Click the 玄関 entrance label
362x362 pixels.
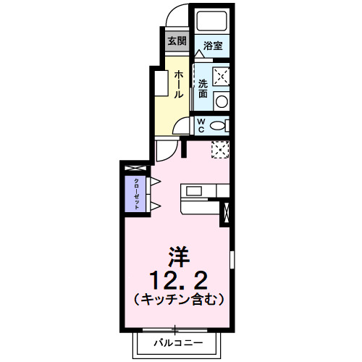coord(176,40)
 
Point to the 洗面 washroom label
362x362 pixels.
coord(203,88)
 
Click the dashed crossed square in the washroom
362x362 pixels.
coord(221,75)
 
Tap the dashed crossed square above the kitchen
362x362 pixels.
coord(220,148)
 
